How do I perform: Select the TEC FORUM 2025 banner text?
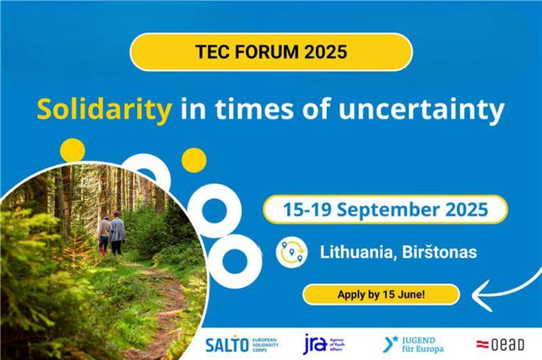[x=271, y=52]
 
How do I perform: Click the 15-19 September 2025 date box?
[x=385, y=209]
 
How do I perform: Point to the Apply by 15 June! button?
[x=381, y=295]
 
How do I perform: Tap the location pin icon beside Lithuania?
[x=292, y=252]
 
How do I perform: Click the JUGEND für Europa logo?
[x=413, y=344]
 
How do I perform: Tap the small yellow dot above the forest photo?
[x=72, y=150]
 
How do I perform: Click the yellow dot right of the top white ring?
[x=194, y=159]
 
